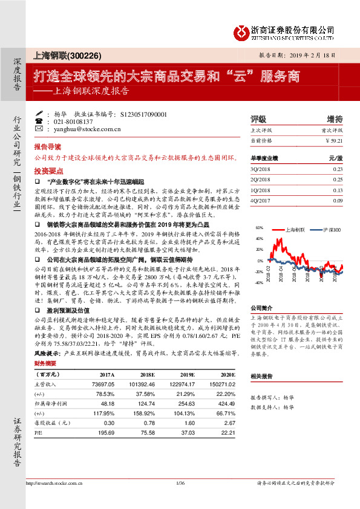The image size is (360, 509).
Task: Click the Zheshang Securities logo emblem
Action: click(243, 31)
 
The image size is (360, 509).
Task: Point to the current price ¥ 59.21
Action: click(333, 140)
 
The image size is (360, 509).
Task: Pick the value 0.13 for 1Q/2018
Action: click(337, 190)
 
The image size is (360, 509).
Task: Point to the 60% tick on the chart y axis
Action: click(260, 229)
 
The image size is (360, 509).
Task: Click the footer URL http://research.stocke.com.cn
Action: click(54, 483)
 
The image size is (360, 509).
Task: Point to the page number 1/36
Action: click(179, 483)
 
